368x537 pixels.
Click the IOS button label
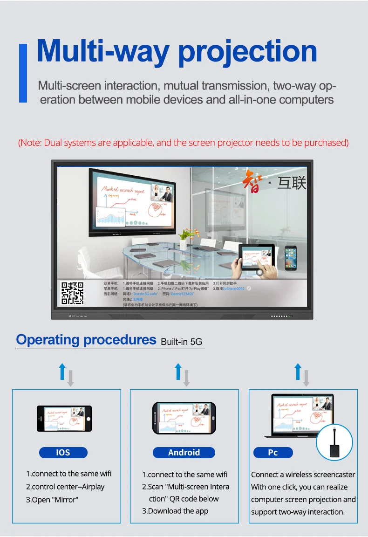coord(63,452)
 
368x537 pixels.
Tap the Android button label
coord(184,452)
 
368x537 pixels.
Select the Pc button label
coord(273,452)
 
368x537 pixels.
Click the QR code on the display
coord(72,293)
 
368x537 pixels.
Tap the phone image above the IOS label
coord(64,418)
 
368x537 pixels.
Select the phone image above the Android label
coord(184,418)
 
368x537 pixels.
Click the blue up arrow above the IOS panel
coord(62,372)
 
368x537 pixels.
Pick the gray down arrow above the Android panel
coord(186,378)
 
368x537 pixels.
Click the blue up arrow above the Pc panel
coord(298,372)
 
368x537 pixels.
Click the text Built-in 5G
coord(182,342)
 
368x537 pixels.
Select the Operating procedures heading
coord(86,340)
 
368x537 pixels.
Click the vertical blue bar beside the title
coord(23,73)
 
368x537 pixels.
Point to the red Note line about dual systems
coord(183,143)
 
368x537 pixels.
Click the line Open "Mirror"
coord(52,500)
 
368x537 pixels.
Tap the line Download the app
coord(175,511)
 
